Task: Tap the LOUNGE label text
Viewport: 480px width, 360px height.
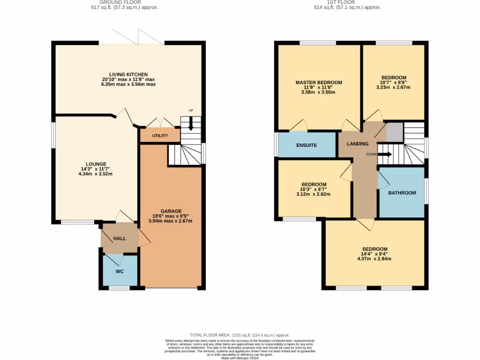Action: click(x=96, y=164)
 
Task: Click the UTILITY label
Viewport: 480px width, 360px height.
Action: click(x=159, y=135)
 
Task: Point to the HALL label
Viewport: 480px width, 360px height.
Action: click(x=120, y=239)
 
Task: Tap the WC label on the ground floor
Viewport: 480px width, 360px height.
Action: click(x=120, y=271)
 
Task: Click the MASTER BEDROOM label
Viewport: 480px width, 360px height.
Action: click(x=319, y=82)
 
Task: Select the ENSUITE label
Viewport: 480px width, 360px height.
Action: click(x=307, y=145)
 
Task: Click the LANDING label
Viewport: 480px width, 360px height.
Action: click(x=358, y=143)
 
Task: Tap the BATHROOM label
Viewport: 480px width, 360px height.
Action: click(x=402, y=193)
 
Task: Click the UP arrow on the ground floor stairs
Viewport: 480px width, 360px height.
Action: click(x=191, y=124)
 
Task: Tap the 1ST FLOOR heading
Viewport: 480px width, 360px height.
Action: click(x=347, y=2)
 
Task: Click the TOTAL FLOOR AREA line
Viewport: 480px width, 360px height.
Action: click(x=240, y=335)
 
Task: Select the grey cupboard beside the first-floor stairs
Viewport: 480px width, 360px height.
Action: click(x=394, y=132)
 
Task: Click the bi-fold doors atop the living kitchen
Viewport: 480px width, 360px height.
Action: click(x=132, y=37)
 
